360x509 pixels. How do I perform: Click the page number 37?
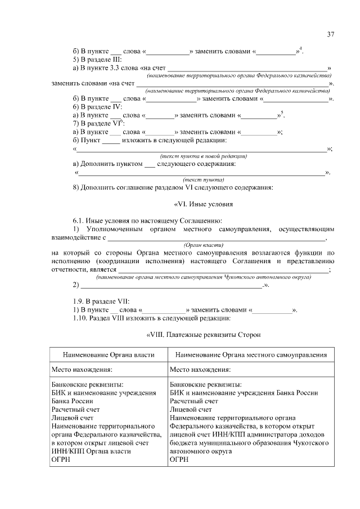pos(331,35)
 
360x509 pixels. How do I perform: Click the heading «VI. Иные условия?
pos(201,204)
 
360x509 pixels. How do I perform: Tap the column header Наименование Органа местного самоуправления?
pos(251,355)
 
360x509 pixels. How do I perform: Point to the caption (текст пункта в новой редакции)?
pos(204,156)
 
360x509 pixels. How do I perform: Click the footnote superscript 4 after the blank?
pos(301,49)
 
